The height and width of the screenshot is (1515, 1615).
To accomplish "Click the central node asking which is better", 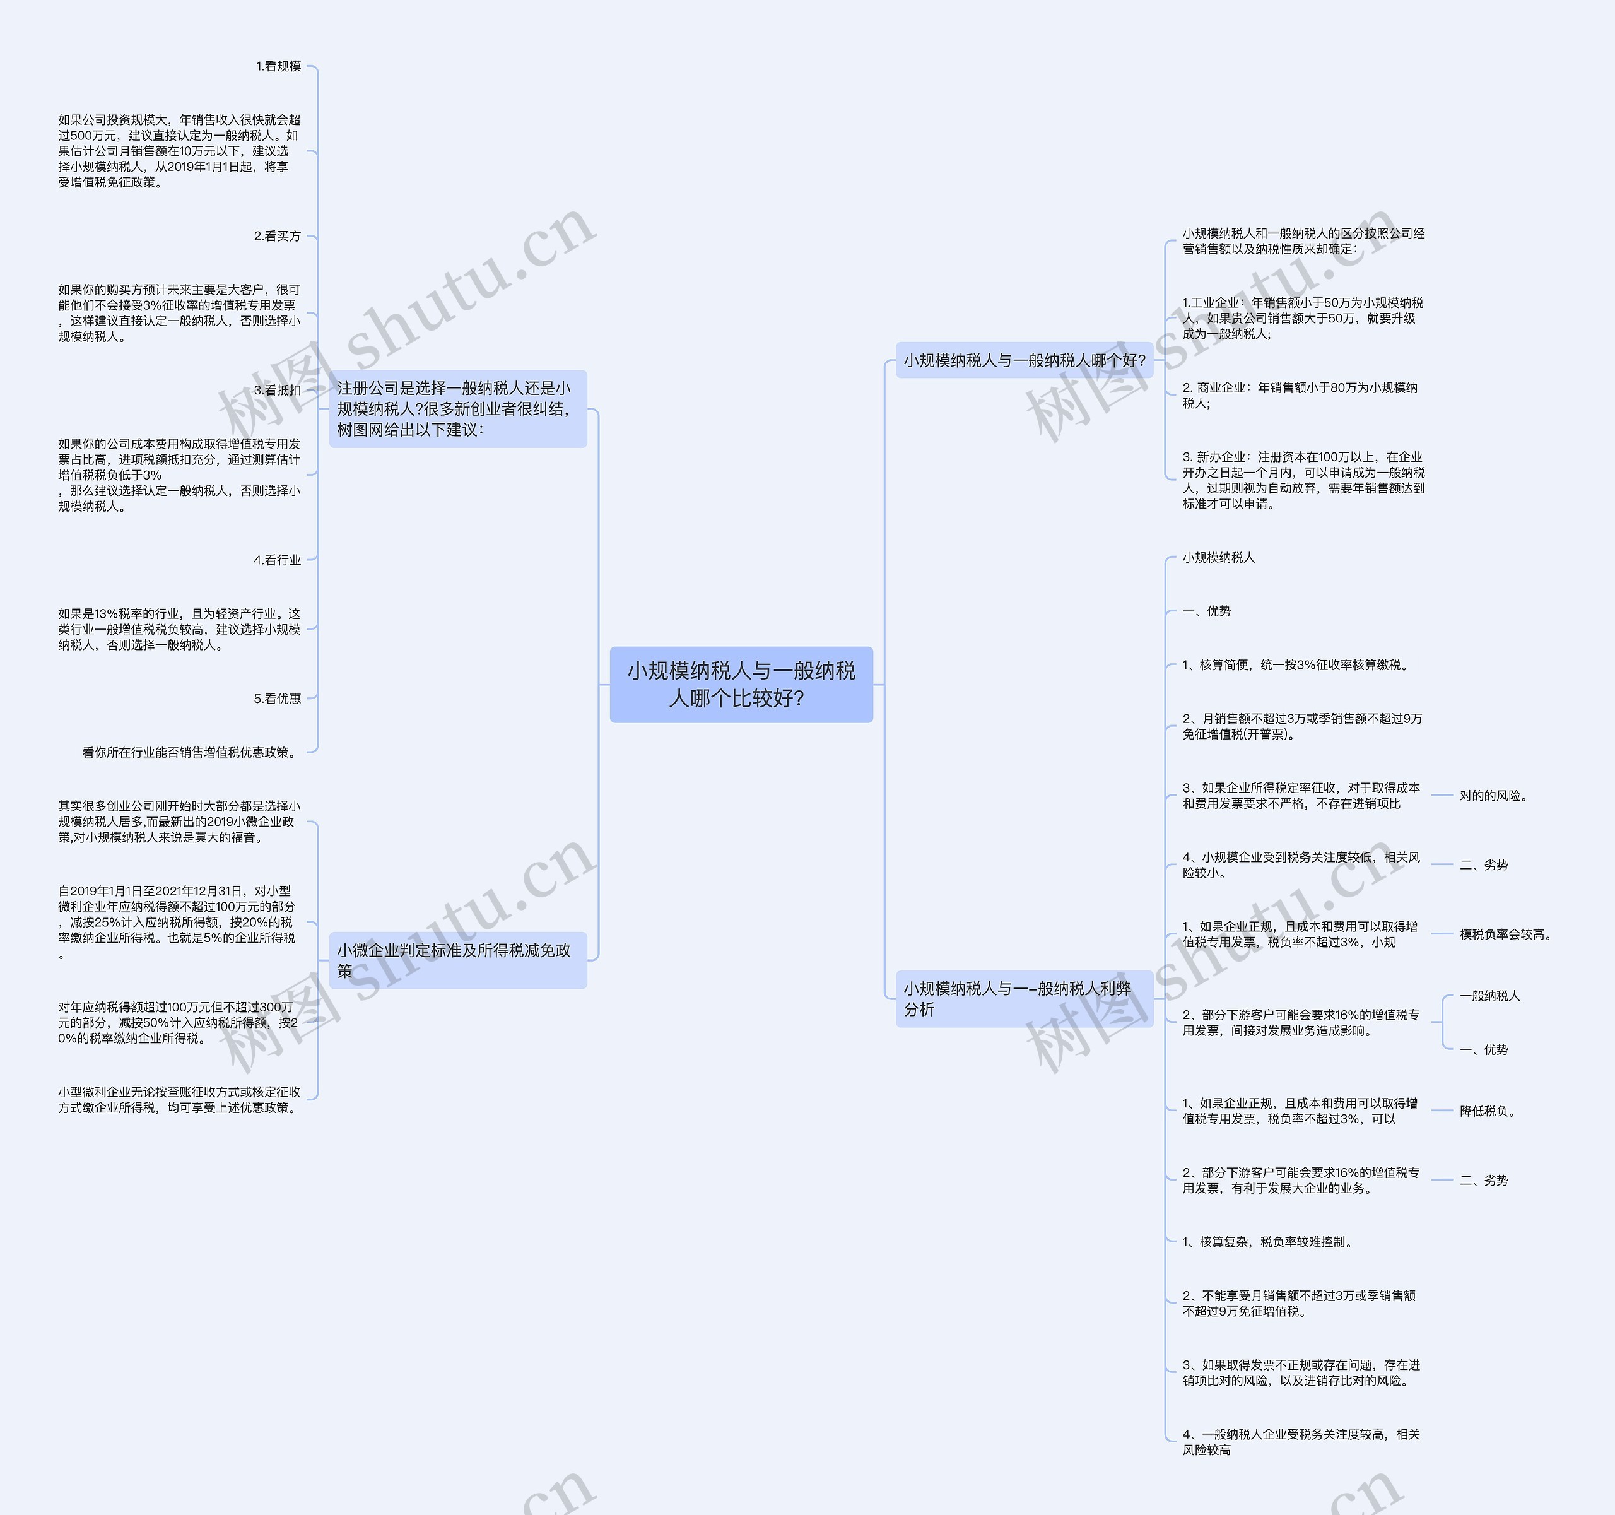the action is click(x=741, y=684).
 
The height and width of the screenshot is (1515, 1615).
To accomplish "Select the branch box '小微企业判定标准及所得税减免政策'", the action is click(x=457, y=960).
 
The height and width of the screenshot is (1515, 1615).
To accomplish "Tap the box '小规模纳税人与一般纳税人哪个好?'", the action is click(x=1024, y=360).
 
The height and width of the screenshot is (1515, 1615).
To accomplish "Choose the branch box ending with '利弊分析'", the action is click(x=1024, y=998).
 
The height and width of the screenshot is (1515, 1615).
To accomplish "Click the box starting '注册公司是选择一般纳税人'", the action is click(x=457, y=409).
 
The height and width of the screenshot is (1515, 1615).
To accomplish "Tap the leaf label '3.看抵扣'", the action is click(x=277, y=390).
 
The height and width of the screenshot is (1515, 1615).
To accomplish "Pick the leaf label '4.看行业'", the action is click(x=277, y=560).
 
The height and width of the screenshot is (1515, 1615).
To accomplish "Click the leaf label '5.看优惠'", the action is click(x=277, y=699).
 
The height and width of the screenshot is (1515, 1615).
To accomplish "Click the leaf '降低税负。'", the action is click(x=1488, y=1111).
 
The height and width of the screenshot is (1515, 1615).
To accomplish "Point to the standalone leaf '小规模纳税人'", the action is click(x=1219, y=557).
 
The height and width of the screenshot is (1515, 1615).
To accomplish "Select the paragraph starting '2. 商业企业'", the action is click(x=1300, y=396).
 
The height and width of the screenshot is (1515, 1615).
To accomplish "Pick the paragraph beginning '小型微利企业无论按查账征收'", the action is click(x=179, y=1100).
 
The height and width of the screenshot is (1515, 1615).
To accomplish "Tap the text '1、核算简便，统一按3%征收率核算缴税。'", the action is click(x=1296, y=665).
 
